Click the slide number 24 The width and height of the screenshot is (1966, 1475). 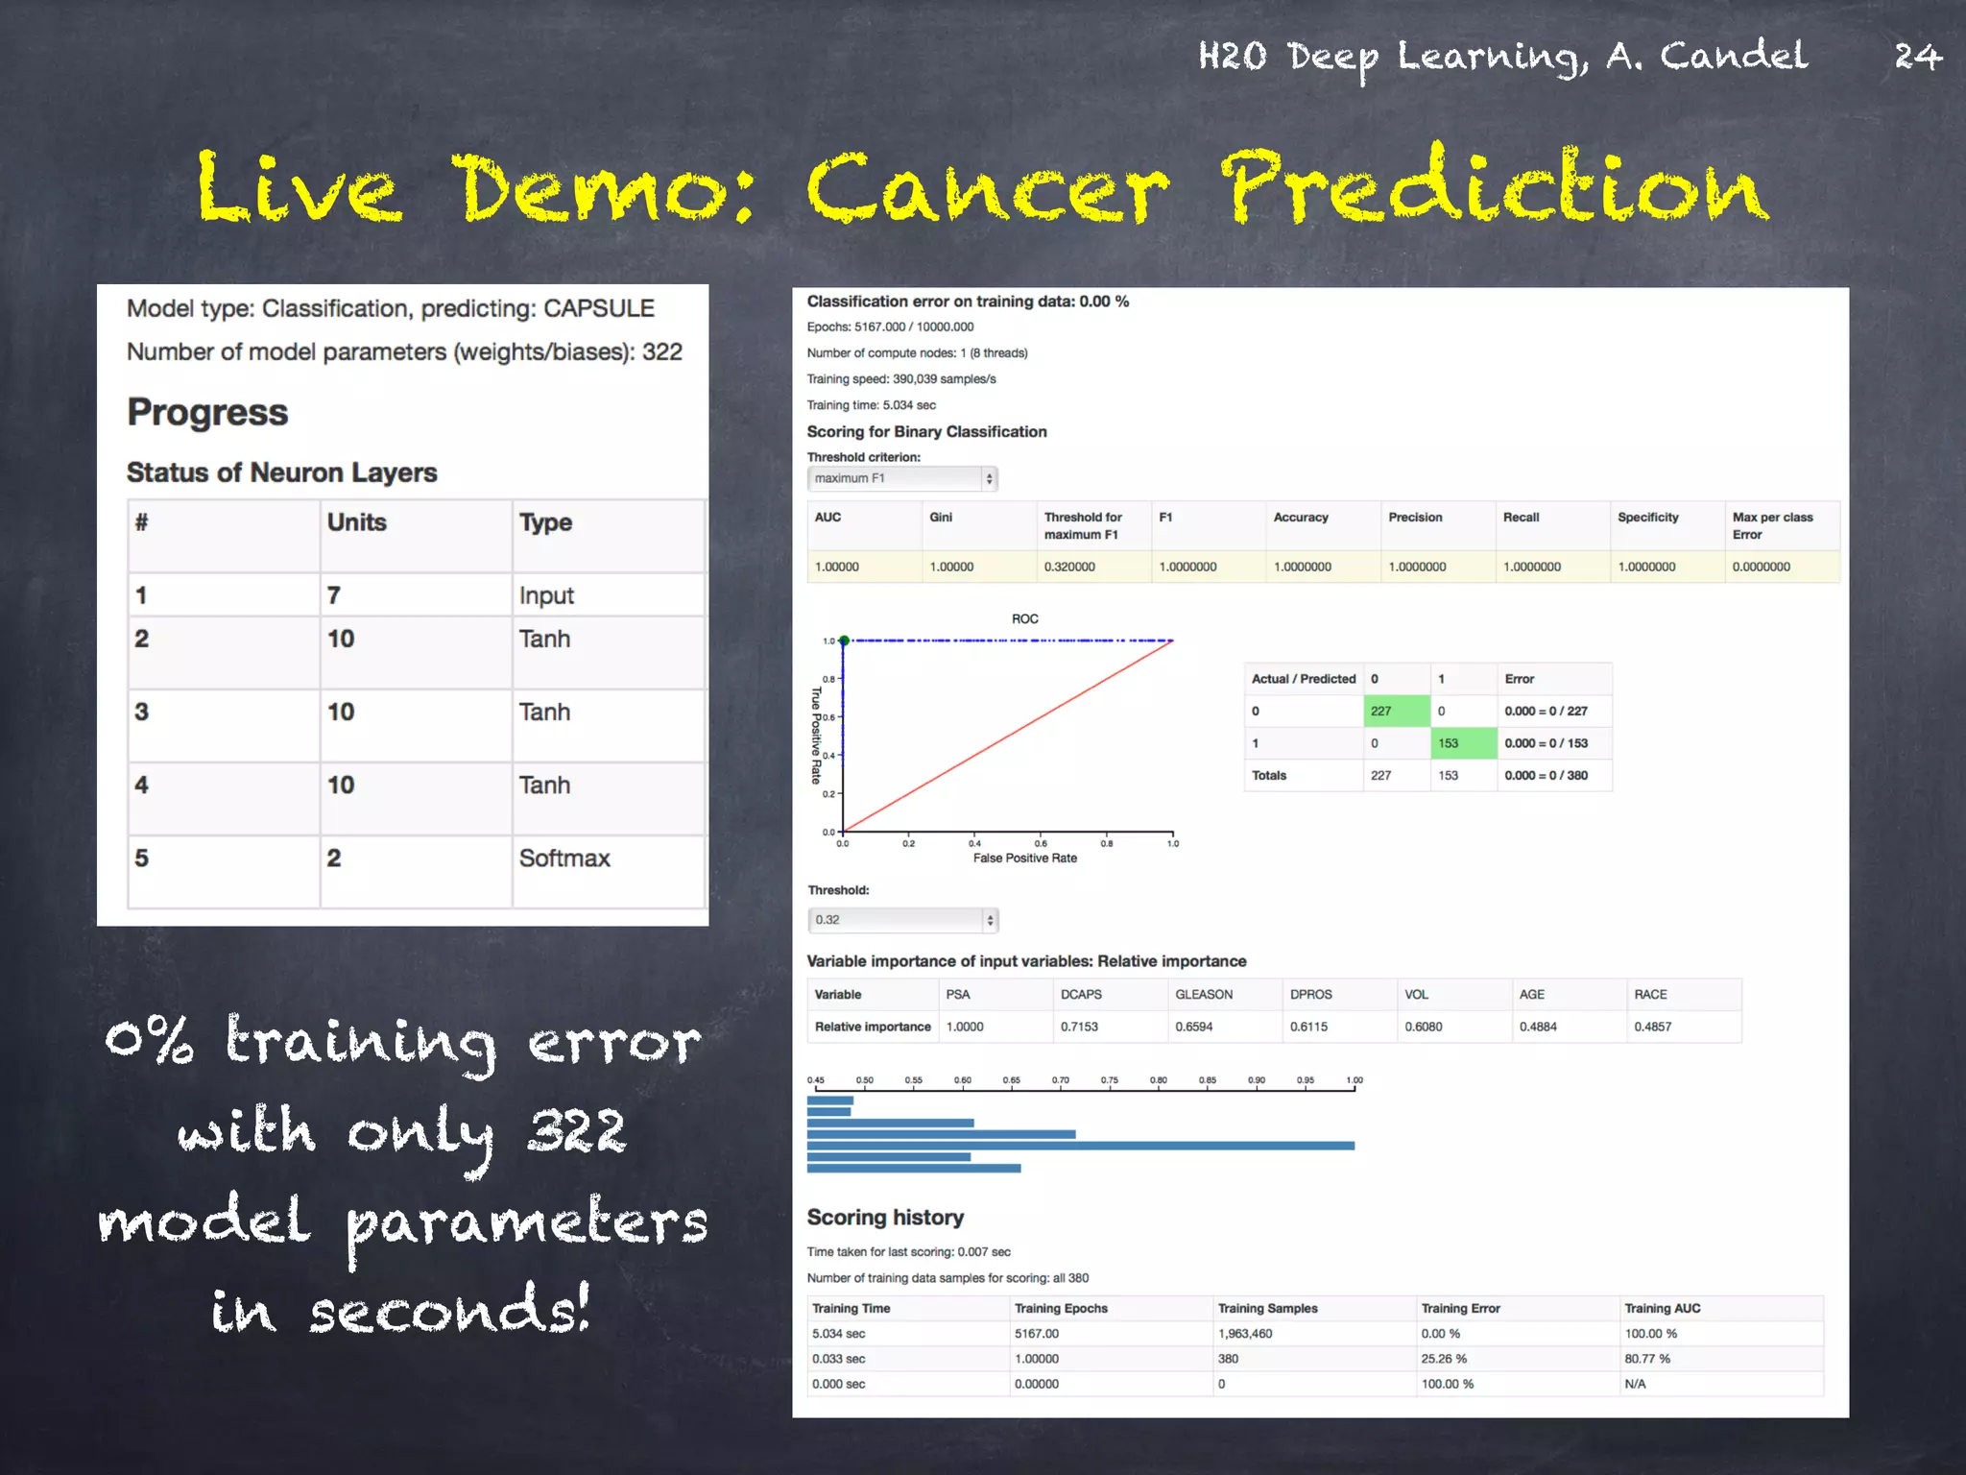click(1917, 57)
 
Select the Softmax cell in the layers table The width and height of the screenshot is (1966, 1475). click(564, 858)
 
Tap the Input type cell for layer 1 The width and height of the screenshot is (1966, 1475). click(546, 596)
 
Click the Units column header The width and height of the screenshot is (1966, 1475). click(357, 522)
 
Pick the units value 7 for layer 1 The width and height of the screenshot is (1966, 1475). click(334, 596)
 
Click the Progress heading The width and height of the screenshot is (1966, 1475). click(207, 413)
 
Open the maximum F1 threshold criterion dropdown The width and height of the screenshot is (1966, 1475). click(901, 478)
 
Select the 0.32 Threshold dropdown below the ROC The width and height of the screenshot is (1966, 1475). click(901, 920)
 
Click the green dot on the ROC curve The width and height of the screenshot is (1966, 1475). click(844, 641)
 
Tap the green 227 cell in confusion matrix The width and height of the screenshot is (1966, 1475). click(1395, 712)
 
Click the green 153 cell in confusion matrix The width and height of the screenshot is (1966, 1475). click(1462, 743)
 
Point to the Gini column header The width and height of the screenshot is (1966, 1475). click(941, 518)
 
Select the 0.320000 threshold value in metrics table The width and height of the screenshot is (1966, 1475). click(1069, 568)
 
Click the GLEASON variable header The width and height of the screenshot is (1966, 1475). click(1204, 995)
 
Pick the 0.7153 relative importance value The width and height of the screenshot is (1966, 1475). click(1079, 1028)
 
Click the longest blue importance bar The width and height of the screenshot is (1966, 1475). click(1080, 1146)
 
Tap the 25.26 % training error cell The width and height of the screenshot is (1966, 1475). click(1444, 1359)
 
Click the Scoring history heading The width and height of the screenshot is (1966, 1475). click(885, 1218)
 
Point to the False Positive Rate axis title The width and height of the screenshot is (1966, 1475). click(1024, 858)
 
